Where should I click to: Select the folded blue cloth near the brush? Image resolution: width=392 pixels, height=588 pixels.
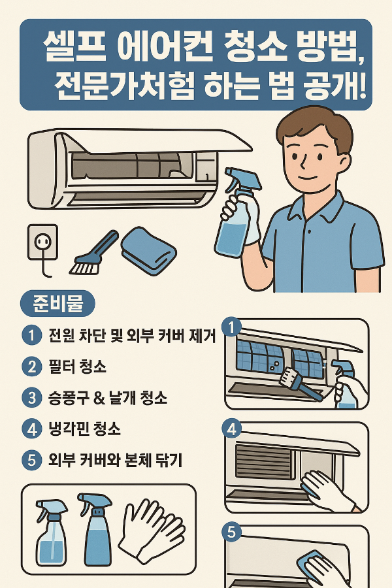coord(148,250)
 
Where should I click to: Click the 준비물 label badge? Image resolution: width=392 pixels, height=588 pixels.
coord(58,304)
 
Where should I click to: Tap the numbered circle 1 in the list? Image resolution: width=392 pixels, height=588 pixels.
coord(31,336)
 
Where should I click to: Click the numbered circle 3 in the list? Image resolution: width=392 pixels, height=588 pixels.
coord(31,397)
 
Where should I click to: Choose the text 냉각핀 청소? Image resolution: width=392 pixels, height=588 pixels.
coord(84,429)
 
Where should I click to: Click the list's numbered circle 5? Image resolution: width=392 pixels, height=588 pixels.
coord(31,460)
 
